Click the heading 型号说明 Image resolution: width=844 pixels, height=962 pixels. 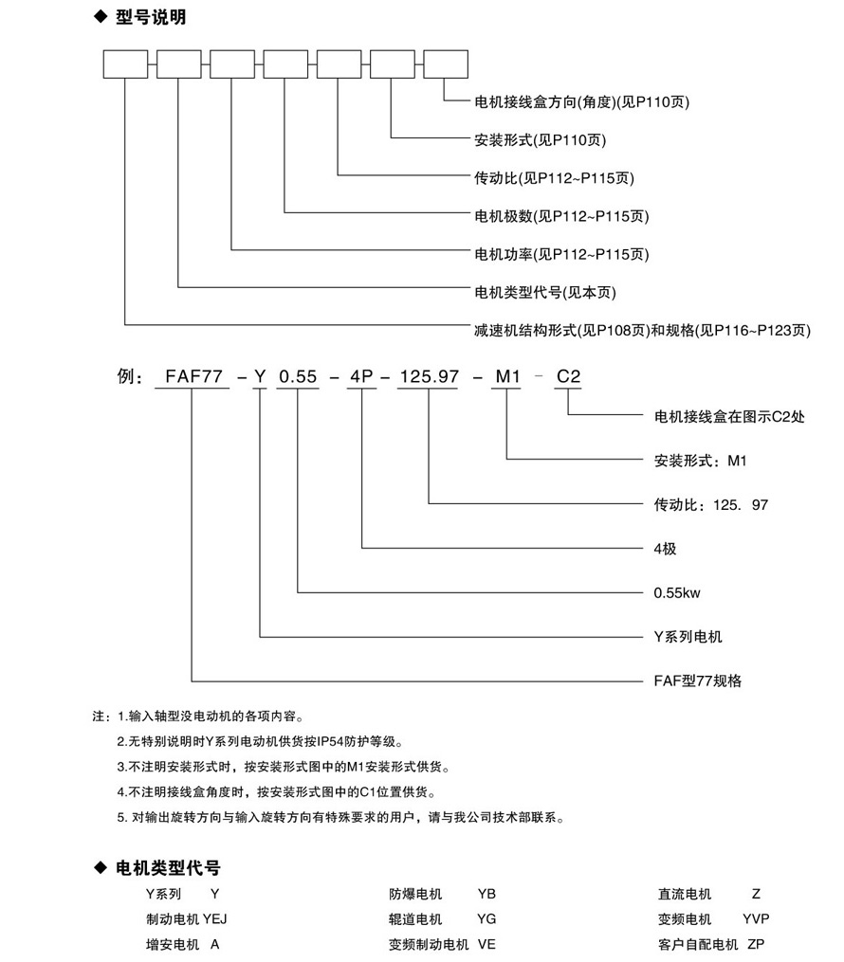[153, 18]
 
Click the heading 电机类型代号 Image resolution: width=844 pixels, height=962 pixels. [167, 867]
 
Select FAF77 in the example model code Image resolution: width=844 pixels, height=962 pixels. [193, 376]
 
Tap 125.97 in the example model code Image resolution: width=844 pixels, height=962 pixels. [430, 376]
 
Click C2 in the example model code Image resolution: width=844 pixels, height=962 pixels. [568, 376]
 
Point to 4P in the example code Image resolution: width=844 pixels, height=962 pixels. [362, 376]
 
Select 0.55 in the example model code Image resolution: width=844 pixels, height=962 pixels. [298, 376]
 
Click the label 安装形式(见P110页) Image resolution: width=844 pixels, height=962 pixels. [539, 139]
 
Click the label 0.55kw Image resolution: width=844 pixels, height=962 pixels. [676, 592]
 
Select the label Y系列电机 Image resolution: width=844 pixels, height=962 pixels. [688, 637]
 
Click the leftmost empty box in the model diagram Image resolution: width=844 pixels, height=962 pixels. [125, 64]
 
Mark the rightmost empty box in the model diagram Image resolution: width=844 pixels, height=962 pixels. [445, 64]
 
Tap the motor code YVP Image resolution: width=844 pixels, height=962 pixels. [756, 919]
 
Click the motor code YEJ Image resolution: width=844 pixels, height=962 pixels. [215, 919]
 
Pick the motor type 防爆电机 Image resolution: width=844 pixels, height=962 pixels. [414, 894]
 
